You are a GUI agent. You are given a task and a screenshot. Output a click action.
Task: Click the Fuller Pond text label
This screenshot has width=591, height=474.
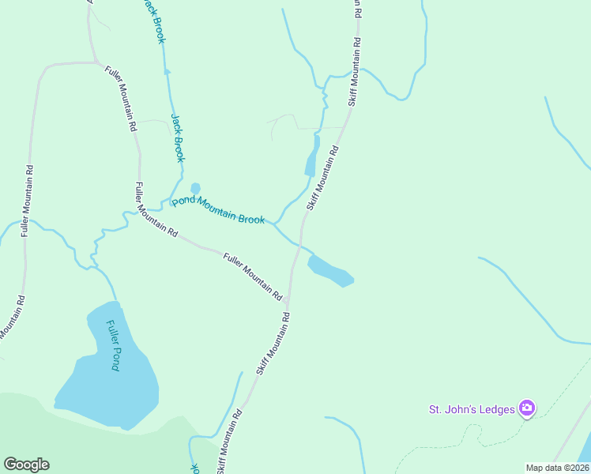[x=114, y=346]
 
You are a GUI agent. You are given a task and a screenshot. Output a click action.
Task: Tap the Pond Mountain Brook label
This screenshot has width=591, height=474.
[x=219, y=210]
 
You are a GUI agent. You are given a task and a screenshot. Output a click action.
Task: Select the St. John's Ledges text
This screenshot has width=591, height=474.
[x=472, y=409]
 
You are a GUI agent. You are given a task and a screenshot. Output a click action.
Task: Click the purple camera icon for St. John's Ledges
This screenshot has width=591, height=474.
[x=527, y=408]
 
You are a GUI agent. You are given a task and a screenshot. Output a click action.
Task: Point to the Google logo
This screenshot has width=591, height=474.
[x=26, y=465]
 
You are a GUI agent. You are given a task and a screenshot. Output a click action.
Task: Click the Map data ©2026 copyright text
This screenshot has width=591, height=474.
[x=557, y=468]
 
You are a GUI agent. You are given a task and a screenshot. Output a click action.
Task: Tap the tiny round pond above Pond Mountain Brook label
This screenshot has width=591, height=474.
[x=195, y=188]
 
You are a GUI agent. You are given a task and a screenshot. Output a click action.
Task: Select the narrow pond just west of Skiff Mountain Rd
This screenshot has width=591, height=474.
[x=312, y=156]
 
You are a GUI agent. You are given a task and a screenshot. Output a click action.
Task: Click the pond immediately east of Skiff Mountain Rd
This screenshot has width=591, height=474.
[x=329, y=270]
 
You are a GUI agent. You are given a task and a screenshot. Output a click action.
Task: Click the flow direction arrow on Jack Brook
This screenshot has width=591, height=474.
[x=167, y=72]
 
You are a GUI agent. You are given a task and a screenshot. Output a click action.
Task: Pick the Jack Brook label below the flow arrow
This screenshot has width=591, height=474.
[x=178, y=139]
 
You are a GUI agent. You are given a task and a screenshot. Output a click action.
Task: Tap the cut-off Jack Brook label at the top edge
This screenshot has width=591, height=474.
[x=152, y=21]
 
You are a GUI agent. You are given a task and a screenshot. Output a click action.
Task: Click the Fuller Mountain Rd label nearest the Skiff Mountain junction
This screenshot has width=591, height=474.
[x=253, y=276]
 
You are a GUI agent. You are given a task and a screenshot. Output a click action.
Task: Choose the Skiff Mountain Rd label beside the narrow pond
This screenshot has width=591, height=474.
[x=322, y=177]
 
